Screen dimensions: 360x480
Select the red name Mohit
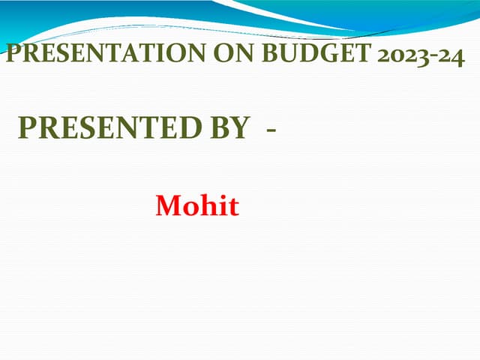click(x=197, y=205)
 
